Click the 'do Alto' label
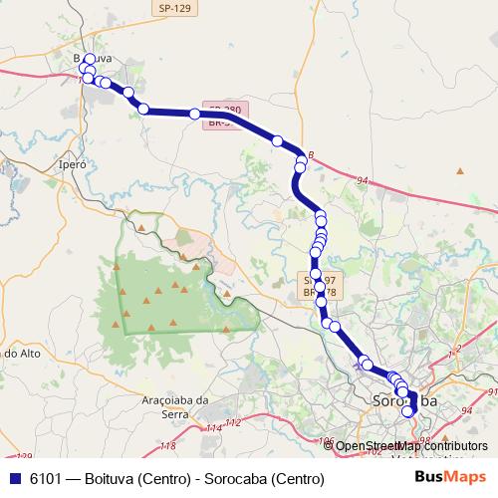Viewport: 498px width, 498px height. [20, 353]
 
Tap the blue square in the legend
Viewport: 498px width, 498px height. [14, 478]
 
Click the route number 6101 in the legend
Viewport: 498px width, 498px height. [47, 478]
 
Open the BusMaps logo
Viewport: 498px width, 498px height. [450, 477]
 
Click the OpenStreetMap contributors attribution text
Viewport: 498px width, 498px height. [410, 446]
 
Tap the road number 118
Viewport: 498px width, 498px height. [168, 445]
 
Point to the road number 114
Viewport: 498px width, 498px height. [213, 428]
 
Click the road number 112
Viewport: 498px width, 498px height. [233, 423]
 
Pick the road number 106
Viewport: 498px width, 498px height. [324, 439]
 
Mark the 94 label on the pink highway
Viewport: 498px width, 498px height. [361, 181]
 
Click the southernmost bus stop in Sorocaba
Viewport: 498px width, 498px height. [406, 411]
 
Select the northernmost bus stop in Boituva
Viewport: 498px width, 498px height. [89, 59]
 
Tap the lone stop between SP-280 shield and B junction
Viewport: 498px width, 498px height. [278, 140]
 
